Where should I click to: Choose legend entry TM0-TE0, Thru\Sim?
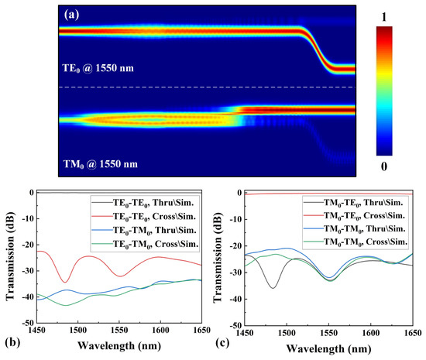coord(366,201)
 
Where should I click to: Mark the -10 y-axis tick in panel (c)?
coord(233,219)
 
